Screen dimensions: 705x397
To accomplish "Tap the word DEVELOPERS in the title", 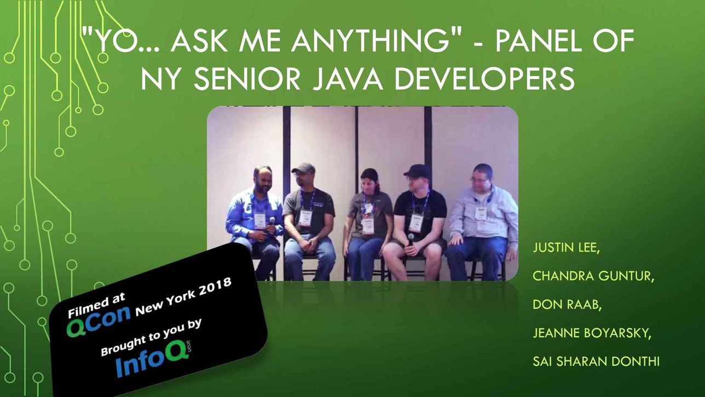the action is point(484,79).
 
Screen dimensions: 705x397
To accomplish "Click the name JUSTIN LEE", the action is point(566,248).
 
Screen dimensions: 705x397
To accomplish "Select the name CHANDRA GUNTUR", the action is point(593,276).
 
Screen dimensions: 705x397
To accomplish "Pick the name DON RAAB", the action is point(567,304).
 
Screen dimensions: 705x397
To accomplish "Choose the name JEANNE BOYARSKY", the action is point(592,333).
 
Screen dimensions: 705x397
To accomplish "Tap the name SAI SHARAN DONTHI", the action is point(596,361).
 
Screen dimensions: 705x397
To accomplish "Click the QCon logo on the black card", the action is point(99,320).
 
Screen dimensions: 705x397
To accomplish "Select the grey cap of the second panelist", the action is point(303,168).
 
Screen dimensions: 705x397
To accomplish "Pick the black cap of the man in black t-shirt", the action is point(417,171).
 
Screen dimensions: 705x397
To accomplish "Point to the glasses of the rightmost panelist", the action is point(479,180).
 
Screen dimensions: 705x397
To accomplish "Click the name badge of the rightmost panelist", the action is point(481,214).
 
